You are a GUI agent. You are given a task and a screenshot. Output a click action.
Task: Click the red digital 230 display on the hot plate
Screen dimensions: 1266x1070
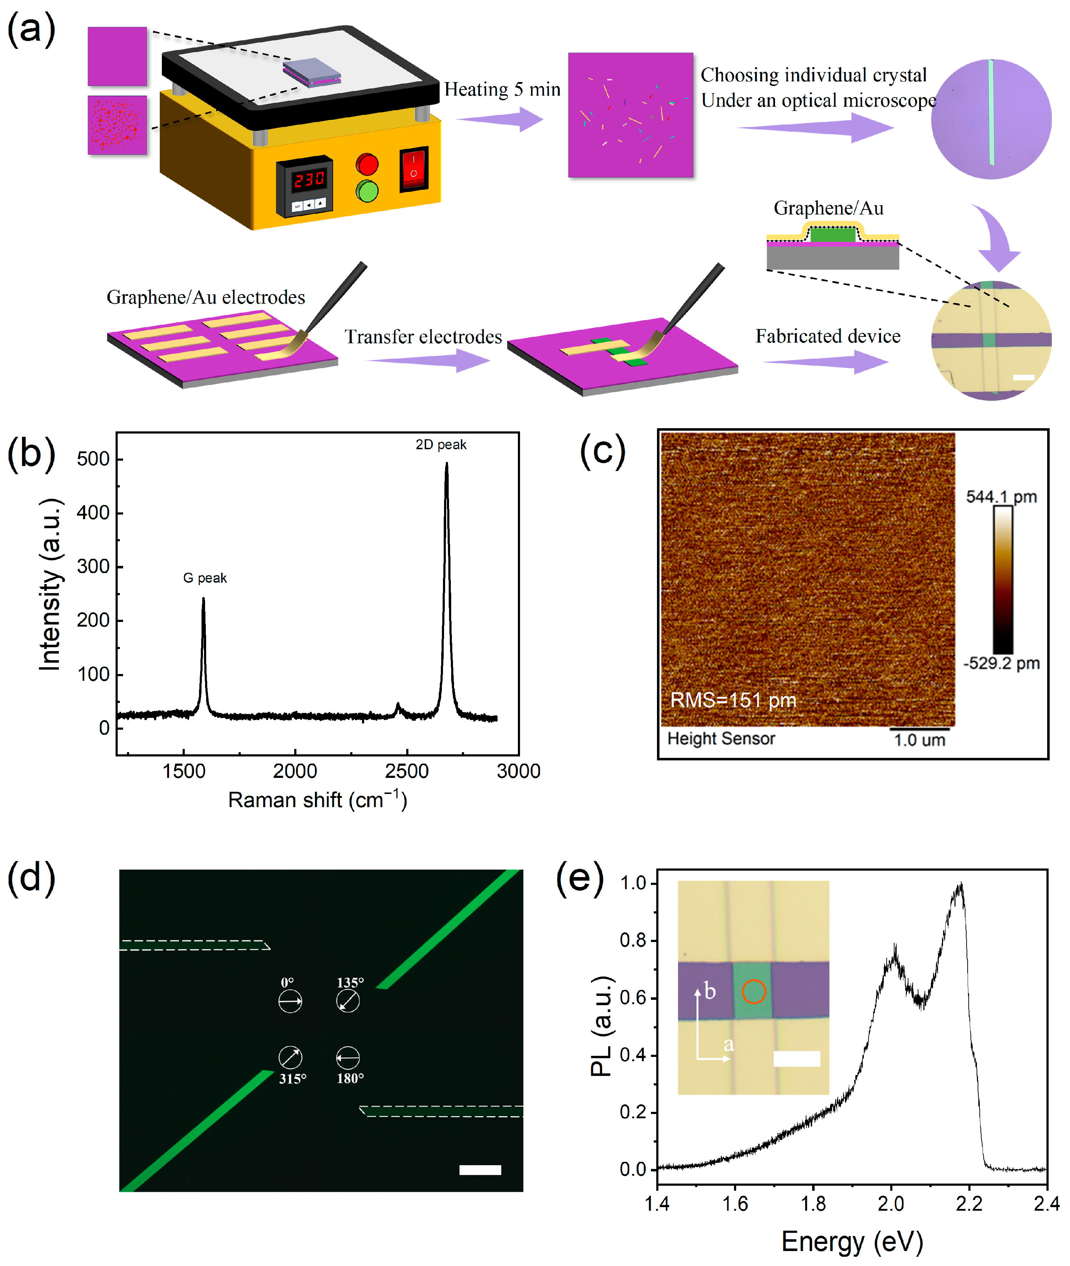point(309,179)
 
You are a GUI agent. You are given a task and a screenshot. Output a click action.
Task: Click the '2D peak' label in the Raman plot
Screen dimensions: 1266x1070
point(441,445)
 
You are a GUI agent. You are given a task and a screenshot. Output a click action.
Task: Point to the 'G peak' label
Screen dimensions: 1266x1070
point(205,578)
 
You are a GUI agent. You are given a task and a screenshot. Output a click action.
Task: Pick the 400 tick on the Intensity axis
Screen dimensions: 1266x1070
point(93,513)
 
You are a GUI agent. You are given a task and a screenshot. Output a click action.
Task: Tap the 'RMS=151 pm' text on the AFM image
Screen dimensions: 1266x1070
point(733,700)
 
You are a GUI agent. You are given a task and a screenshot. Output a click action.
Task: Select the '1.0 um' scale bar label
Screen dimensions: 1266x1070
point(919,740)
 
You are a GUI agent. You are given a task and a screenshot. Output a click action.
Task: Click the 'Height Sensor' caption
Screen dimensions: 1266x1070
point(721,739)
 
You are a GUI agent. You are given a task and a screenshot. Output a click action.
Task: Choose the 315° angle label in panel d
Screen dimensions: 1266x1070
point(292,1078)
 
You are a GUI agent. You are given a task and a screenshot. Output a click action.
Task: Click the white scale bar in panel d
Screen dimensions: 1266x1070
point(480,1170)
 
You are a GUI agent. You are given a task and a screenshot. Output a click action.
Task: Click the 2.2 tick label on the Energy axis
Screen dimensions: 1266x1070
point(969,1204)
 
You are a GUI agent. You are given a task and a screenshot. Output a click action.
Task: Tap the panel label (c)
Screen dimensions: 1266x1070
point(602,452)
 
